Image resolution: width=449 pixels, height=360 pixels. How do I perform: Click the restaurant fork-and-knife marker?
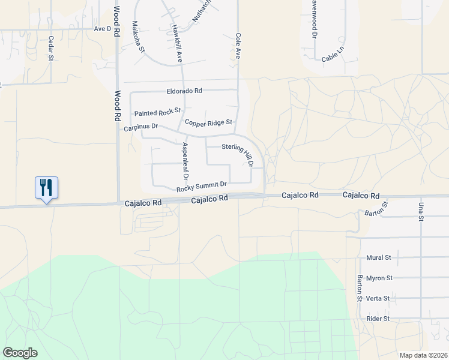click(46, 188)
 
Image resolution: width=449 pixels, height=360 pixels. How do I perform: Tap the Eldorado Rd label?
click(184, 91)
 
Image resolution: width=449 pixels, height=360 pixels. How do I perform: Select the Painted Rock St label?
click(157, 113)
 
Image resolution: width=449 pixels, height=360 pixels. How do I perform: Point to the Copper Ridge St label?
click(208, 122)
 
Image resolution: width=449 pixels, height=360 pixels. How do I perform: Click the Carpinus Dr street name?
click(140, 127)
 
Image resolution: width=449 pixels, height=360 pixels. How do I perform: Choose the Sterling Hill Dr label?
click(238, 155)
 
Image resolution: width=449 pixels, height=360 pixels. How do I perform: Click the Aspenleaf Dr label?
click(185, 161)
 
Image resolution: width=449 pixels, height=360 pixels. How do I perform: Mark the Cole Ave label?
click(238, 46)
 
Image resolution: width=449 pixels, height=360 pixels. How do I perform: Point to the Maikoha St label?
click(139, 37)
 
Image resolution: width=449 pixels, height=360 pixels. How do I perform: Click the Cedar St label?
click(51, 49)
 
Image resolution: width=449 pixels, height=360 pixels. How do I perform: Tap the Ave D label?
click(103, 29)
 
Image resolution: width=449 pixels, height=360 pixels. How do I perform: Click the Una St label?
click(420, 212)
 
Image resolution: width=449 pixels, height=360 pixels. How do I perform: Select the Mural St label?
click(378, 257)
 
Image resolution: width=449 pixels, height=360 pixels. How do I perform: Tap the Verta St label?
click(378, 298)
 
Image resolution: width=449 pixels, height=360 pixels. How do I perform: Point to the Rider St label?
click(378, 319)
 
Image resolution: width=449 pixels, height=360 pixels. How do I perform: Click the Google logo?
click(20, 352)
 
